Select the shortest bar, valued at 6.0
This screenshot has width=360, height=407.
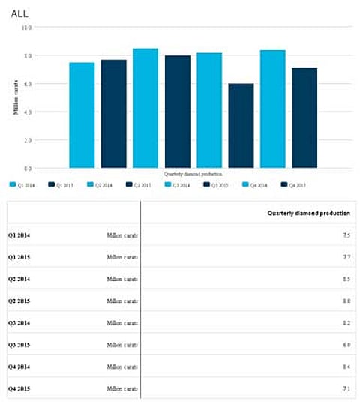point(241,126)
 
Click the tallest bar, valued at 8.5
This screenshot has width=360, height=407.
point(145,108)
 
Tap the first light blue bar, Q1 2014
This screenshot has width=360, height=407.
point(82,115)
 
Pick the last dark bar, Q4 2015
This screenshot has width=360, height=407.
point(304,118)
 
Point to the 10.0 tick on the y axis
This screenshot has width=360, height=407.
point(26,28)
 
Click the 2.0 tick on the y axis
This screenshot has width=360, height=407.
point(27,140)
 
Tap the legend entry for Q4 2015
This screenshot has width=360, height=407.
point(297,184)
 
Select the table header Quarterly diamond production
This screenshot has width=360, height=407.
point(308,213)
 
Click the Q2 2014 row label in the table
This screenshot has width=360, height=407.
point(19,279)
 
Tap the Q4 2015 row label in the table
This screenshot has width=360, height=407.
point(19,388)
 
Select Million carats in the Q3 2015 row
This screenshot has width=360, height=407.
point(122,344)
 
